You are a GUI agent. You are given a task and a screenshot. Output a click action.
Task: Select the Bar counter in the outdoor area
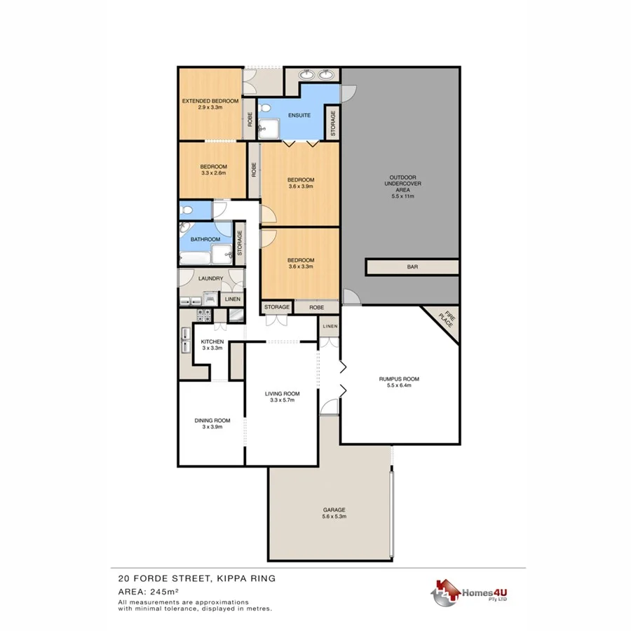click(x=412, y=267)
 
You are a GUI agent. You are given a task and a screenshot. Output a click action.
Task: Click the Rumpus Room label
click(x=399, y=379)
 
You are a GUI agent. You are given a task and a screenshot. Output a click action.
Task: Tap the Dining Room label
click(x=212, y=421)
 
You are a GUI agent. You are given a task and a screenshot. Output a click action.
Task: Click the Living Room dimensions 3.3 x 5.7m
click(x=282, y=400)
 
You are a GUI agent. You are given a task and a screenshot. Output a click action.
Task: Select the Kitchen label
click(x=212, y=341)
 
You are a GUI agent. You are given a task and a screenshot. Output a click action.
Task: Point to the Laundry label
click(x=210, y=278)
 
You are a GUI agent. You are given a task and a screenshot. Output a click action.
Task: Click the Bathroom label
click(x=205, y=240)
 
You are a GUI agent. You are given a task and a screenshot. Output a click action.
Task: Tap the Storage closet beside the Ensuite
click(x=333, y=123)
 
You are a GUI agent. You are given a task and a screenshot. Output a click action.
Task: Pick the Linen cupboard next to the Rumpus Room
click(x=330, y=327)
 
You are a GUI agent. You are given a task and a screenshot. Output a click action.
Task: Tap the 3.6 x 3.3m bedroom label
click(x=300, y=263)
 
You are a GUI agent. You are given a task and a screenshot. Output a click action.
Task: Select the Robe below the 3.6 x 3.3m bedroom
click(x=316, y=307)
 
